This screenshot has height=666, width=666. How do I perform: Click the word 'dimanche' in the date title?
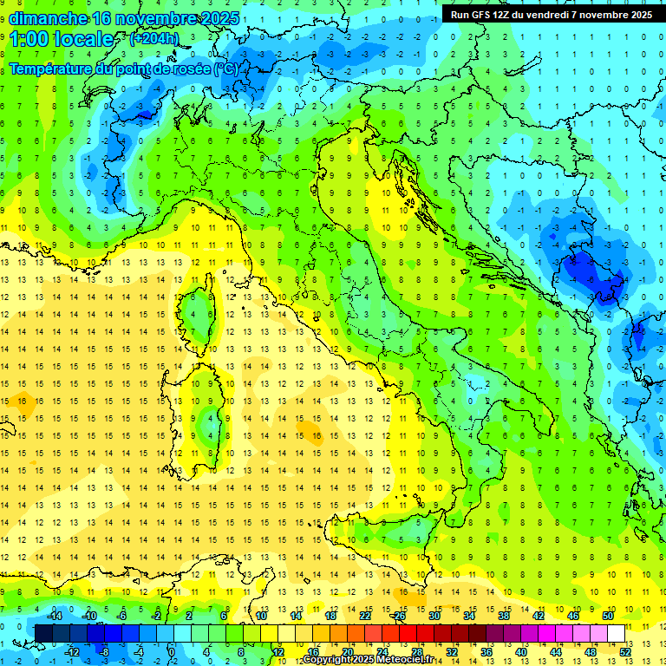tap(48, 18)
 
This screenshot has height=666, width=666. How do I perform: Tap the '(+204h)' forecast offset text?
tap(154, 39)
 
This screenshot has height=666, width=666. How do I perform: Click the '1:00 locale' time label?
tap(61, 39)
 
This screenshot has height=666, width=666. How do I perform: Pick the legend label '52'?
tap(625, 651)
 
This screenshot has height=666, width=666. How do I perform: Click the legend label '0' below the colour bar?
tap(172, 651)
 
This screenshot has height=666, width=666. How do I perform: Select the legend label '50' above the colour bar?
tap(608, 616)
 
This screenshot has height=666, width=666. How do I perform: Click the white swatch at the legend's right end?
tap(617, 633)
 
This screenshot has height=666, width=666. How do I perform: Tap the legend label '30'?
tap(434, 616)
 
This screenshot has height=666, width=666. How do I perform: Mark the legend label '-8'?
tap(104, 651)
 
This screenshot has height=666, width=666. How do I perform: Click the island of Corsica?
tap(201, 312)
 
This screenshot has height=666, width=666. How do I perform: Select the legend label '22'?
tap(365, 616)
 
